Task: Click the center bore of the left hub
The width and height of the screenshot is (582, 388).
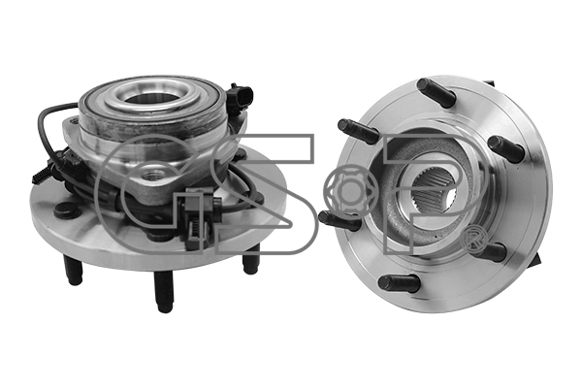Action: (x=152, y=98)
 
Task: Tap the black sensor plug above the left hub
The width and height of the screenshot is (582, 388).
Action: (x=240, y=97)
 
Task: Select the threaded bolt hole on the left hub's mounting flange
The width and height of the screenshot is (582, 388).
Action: (x=155, y=174)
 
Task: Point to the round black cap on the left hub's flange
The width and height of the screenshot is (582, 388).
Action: (x=67, y=210)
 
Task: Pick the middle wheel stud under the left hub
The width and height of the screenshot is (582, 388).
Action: (x=164, y=291)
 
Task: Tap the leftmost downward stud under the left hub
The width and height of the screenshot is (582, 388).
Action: (x=73, y=270)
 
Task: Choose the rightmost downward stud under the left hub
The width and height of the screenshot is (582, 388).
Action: (x=251, y=259)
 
